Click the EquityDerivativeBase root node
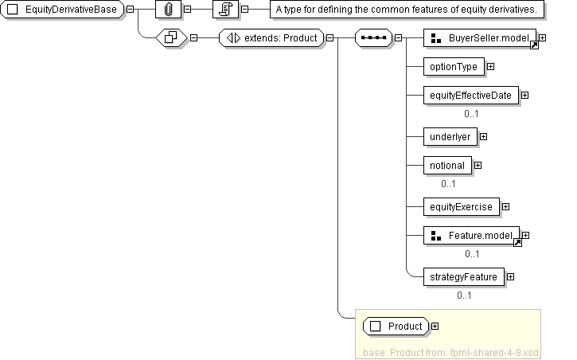tap(63, 10)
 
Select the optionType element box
tap(454, 67)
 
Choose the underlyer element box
tap(450, 137)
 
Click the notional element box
tap(447, 166)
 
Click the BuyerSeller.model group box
tap(481, 38)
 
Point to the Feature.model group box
tap(473, 236)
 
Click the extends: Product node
tap(271, 37)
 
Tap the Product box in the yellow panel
tap(396, 326)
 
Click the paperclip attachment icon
tap(168, 10)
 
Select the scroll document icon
tap(226, 10)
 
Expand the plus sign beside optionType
tap(490, 67)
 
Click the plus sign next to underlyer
tap(483, 137)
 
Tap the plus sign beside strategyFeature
tap(510, 277)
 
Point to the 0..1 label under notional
tap(449, 184)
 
